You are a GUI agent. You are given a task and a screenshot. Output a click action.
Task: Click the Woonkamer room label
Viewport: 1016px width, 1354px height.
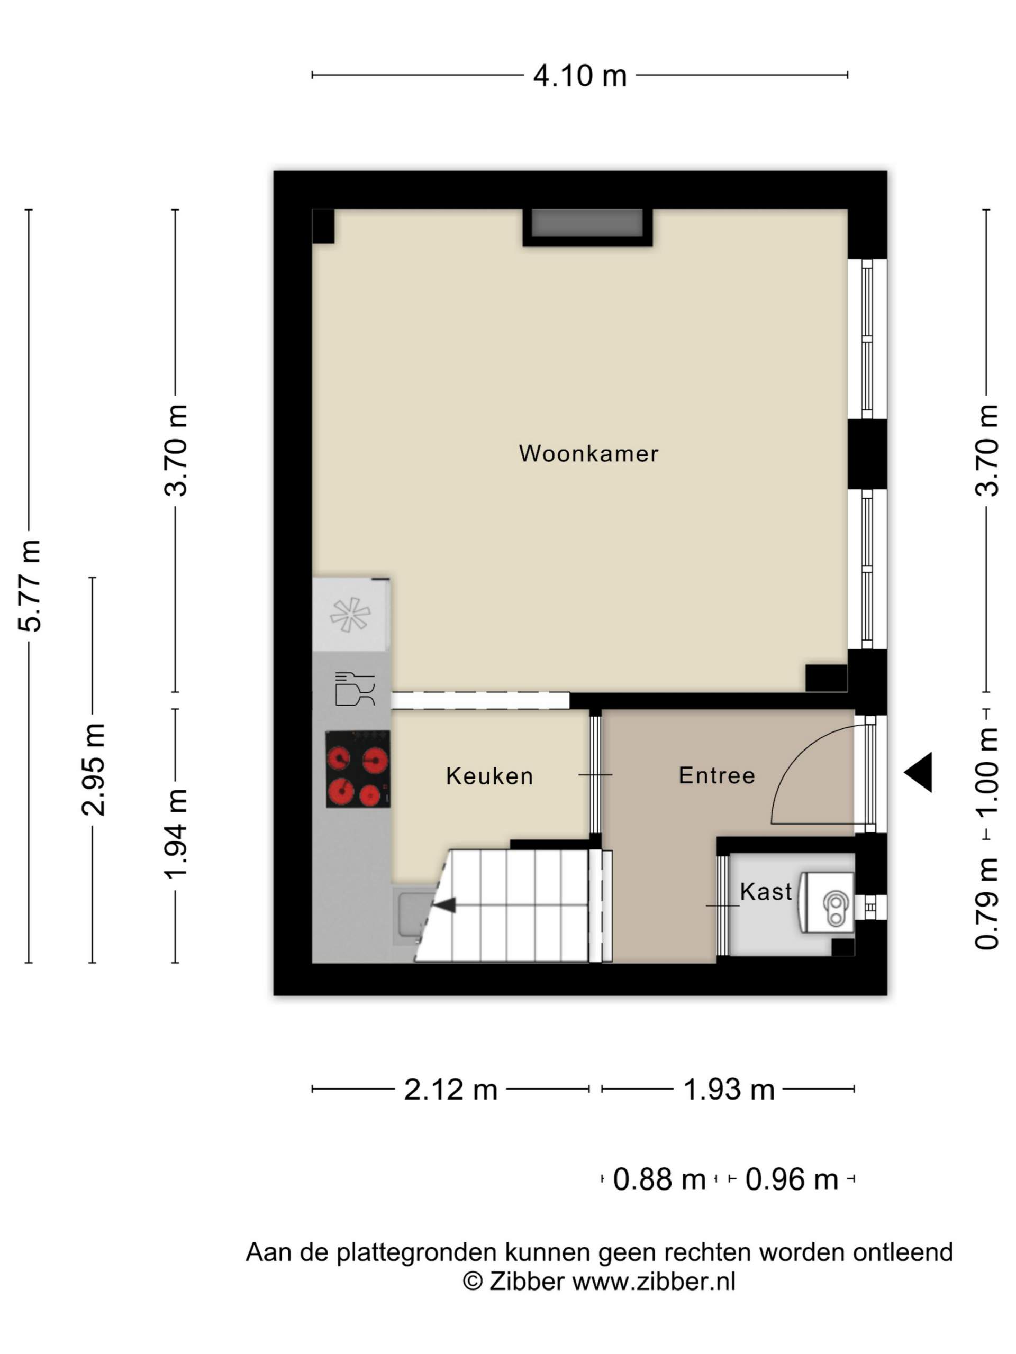coord(588,454)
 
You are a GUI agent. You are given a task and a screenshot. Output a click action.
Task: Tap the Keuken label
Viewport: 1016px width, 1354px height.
coord(489,776)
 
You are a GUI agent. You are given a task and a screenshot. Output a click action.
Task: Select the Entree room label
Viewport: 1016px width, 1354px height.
coord(716,775)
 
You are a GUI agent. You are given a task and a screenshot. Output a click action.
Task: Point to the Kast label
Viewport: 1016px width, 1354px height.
coord(766,891)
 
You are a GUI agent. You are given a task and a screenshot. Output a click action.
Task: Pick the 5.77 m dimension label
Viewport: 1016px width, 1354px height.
coord(30,586)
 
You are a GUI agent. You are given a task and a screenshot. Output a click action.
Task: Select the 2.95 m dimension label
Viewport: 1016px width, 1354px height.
coord(94,770)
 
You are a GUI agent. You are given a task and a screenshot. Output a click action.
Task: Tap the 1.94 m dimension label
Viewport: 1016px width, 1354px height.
coord(176,834)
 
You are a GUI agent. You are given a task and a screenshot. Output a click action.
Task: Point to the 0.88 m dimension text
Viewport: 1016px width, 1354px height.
coord(659,1179)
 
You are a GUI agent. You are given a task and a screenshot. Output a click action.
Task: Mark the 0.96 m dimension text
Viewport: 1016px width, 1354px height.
coord(791,1179)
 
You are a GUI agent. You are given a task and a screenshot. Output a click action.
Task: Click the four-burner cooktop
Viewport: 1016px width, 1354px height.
coord(358,770)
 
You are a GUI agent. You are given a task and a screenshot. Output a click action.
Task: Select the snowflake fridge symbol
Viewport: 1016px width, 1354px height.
coord(350,615)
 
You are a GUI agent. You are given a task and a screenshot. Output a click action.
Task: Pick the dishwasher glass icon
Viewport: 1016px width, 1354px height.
coord(355,689)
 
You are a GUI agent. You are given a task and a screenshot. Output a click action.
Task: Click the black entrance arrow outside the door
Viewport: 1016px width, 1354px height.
coord(918,773)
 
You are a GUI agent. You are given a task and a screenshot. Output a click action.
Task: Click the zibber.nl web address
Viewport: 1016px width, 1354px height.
coord(654,1281)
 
